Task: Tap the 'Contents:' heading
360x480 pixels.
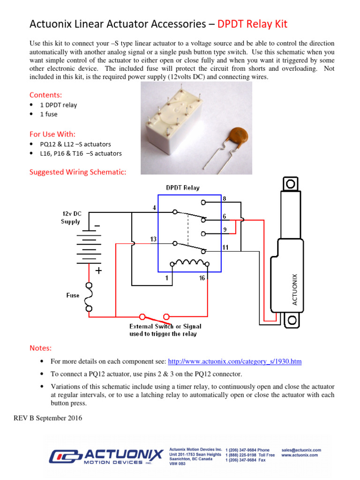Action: pyautogui.click(x=45, y=95)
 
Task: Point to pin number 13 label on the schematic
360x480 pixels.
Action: pyautogui.click(x=153, y=240)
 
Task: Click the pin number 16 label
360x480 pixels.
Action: pyautogui.click(x=202, y=278)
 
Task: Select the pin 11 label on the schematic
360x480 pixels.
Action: pyautogui.click(x=225, y=247)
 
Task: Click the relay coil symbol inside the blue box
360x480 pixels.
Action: pyautogui.click(x=188, y=263)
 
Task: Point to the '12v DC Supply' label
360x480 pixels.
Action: pyautogui.click(x=71, y=217)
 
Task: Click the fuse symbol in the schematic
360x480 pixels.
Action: pyautogui.click(x=88, y=296)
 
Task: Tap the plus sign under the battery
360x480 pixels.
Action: pyautogui.click(x=98, y=271)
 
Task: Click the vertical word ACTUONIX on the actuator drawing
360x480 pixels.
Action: pyautogui.click(x=295, y=289)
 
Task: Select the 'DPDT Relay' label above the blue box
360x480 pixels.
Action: pyautogui.click(x=183, y=188)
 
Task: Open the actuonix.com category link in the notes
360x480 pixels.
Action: pyautogui.click(x=234, y=362)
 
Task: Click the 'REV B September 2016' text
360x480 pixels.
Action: pyautogui.click(x=48, y=418)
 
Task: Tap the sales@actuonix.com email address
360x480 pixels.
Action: pyautogui.click(x=301, y=450)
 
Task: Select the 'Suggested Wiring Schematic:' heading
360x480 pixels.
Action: pyautogui.click(x=78, y=172)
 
